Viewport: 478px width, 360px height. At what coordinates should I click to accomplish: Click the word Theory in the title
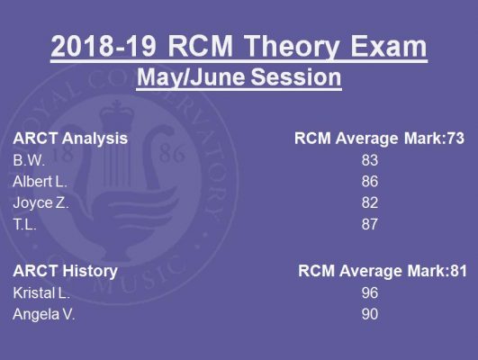[x=291, y=46]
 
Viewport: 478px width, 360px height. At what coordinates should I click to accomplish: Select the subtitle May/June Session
[x=239, y=77]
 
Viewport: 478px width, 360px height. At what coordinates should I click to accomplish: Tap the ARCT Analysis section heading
[x=70, y=139]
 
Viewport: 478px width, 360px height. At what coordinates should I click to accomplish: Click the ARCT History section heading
[x=65, y=271]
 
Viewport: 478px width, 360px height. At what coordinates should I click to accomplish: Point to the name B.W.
[x=29, y=160]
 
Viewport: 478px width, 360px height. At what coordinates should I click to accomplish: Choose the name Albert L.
[x=40, y=182]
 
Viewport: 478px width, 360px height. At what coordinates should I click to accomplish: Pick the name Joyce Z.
[x=41, y=202]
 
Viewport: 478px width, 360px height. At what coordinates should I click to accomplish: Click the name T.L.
[x=24, y=224]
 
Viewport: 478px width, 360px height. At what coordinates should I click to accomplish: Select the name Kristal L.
[x=41, y=292]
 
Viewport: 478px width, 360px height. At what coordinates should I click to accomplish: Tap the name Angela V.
[x=44, y=314]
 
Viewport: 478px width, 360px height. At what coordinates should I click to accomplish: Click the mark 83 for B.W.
[x=370, y=160]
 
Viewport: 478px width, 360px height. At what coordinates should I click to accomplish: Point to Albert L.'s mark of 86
[x=370, y=182]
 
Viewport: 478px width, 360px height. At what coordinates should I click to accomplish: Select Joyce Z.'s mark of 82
[x=370, y=202]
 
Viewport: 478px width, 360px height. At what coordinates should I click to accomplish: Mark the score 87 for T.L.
[x=370, y=224]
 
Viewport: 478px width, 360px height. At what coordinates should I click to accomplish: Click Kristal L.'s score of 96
[x=370, y=292]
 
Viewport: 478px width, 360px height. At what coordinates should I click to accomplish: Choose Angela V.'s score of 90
[x=370, y=314]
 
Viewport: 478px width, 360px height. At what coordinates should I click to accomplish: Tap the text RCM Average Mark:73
[x=379, y=139]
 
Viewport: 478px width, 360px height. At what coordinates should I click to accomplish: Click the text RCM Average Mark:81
[x=383, y=271]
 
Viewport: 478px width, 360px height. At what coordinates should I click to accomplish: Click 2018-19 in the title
[x=104, y=46]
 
